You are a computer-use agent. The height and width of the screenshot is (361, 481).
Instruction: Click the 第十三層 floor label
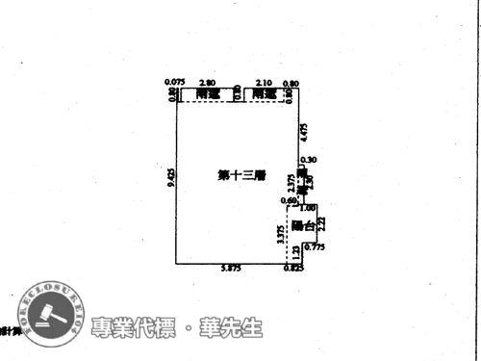click(x=241, y=175)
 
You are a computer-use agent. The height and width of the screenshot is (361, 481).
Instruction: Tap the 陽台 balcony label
click(x=304, y=226)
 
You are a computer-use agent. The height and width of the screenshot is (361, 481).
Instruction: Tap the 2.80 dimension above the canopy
click(x=206, y=83)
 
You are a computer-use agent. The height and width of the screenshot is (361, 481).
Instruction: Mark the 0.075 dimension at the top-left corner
click(x=174, y=83)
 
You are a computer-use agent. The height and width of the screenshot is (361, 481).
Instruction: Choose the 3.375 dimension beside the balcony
click(x=280, y=236)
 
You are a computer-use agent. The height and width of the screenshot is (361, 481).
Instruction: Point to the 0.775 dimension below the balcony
click(x=315, y=247)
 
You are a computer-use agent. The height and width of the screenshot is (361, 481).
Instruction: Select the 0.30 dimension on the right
click(x=307, y=160)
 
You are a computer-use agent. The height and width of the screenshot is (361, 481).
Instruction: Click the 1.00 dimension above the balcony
click(x=308, y=208)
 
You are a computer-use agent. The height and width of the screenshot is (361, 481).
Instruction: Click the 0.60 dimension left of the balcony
click(x=288, y=200)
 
